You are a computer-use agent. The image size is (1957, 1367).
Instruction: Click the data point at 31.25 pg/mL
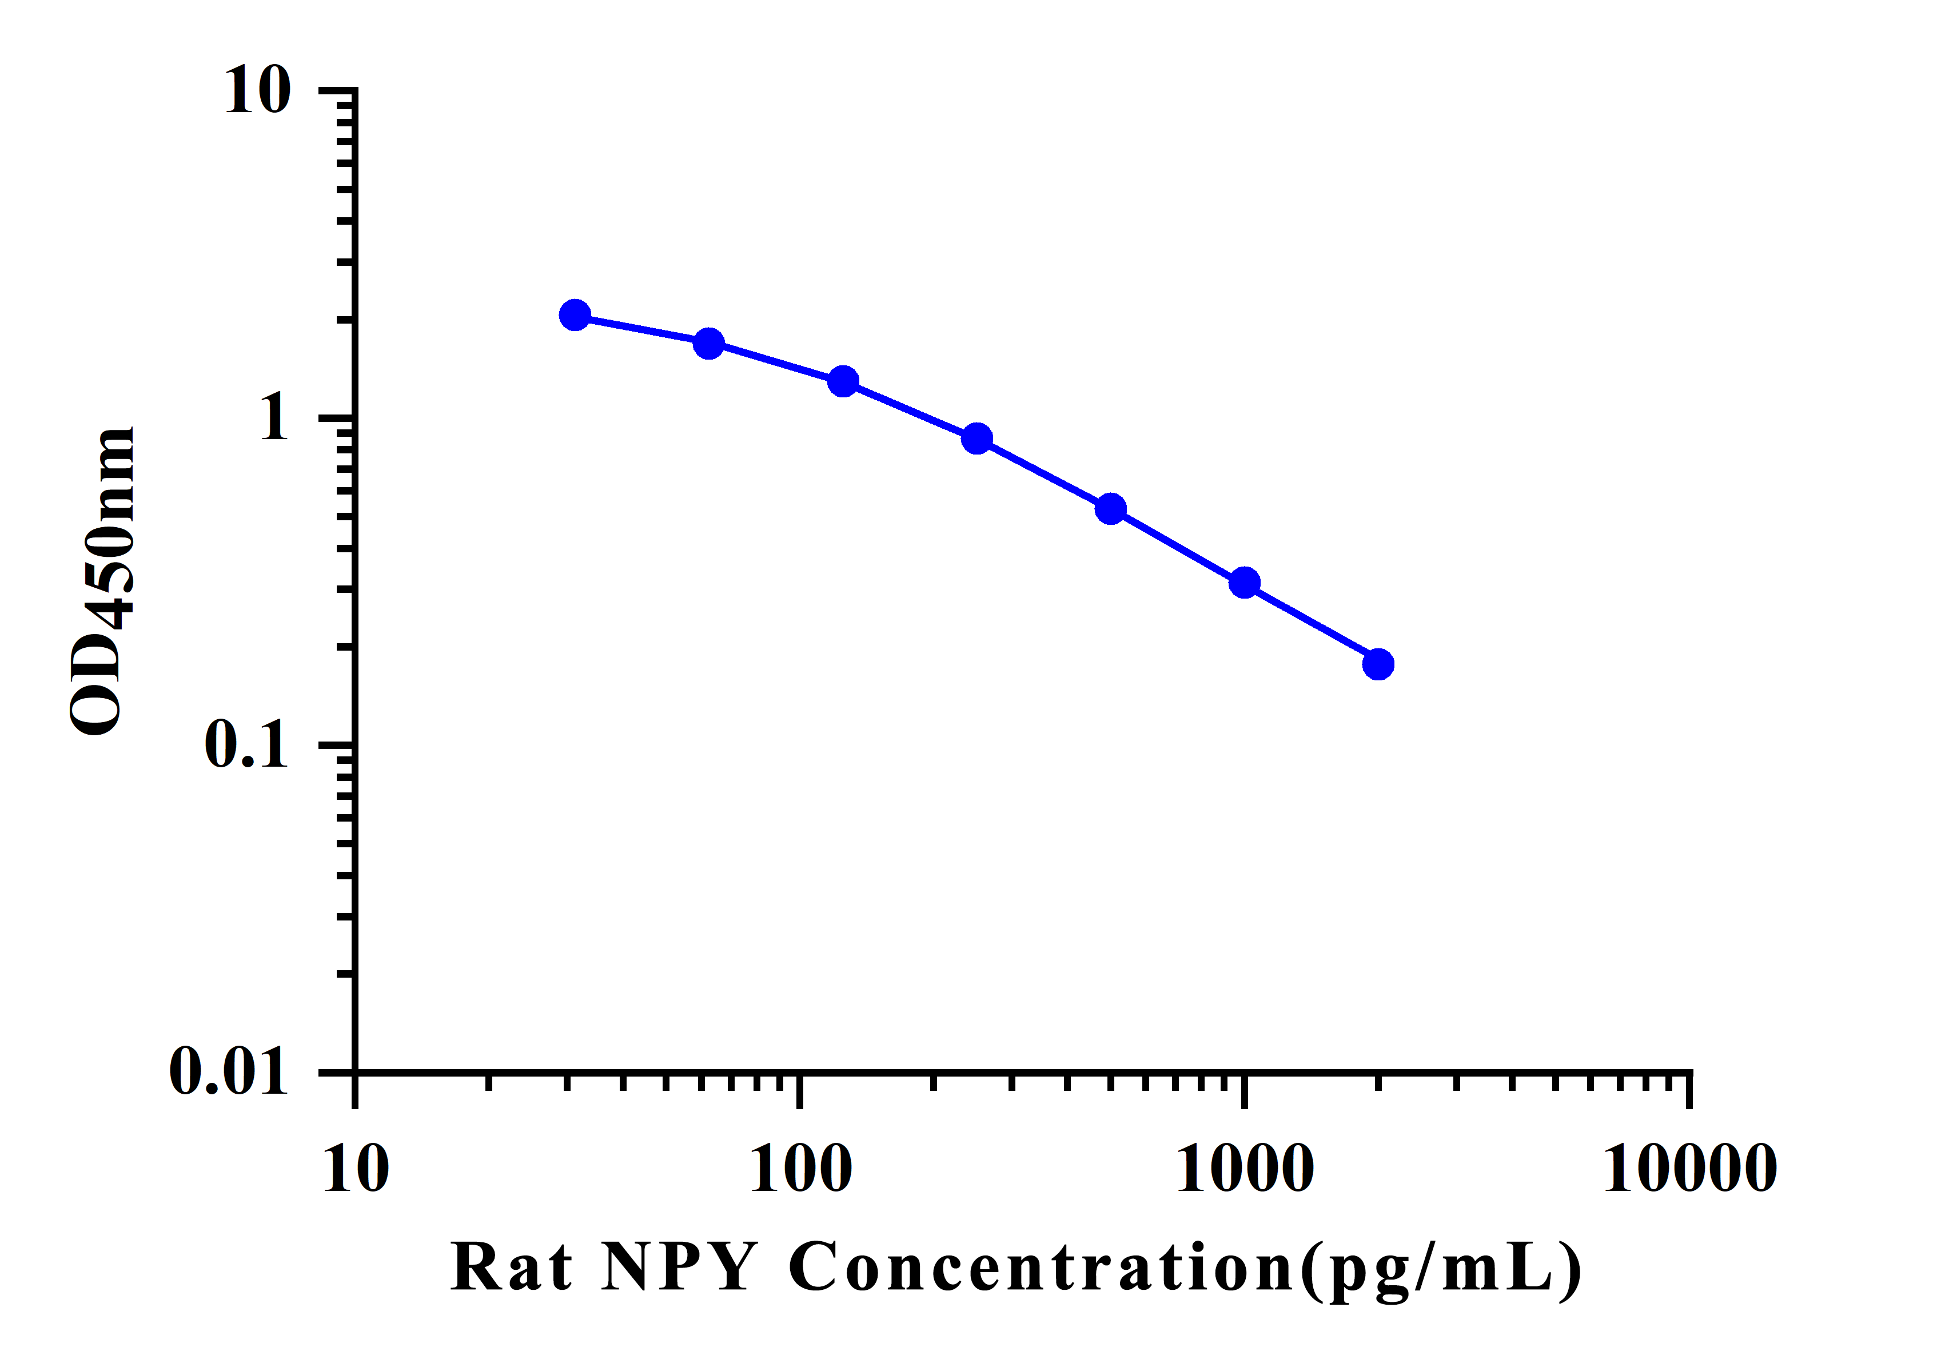click(x=575, y=316)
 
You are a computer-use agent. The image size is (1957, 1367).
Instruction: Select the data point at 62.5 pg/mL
click(x=709, y=344)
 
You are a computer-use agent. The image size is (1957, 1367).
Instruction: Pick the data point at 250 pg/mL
click(x=977, y=439)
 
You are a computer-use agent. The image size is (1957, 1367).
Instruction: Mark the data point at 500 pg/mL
click(x=1111, y=509)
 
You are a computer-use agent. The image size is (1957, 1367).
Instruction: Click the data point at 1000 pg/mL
click(x=1245, y=583)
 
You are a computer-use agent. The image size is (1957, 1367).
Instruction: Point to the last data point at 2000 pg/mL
click(x=1378, y=664)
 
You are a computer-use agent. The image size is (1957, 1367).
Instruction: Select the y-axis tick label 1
click(x=274, y=417)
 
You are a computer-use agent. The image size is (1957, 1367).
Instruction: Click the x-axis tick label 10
click(x=356, y=1169)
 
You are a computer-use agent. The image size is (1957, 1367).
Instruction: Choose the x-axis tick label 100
click(x=800, y=1169)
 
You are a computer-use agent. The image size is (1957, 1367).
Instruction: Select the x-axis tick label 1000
click(x=1245, y=1169)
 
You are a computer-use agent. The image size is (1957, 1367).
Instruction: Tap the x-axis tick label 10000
click(x=1689, y=1169)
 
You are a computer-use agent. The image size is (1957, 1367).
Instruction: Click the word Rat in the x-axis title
click(x=512, y=1268)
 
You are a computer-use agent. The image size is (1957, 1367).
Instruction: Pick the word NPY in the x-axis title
click(x=679, y=1268)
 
